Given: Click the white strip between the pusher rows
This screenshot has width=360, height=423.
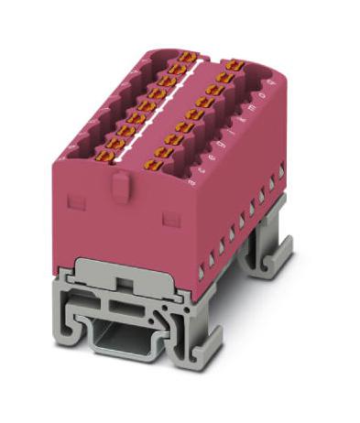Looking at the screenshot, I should coord(169,104).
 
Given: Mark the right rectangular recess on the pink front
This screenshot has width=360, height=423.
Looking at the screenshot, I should coord(169,218).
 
